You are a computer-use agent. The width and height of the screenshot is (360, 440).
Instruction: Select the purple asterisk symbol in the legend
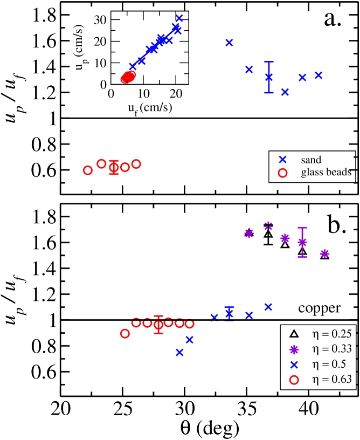click(294, 349)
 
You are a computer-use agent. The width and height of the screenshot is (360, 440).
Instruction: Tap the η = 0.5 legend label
click(329, 365)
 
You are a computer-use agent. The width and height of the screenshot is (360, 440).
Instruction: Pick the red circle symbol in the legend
click(294, 380)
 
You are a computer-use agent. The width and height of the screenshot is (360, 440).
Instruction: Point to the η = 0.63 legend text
click(332, 380)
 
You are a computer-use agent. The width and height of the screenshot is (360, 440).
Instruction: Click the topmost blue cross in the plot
click(179, 19)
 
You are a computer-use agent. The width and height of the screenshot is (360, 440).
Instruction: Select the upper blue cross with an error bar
click(269, 77)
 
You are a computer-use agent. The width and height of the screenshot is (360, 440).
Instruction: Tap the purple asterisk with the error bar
click(302, 242)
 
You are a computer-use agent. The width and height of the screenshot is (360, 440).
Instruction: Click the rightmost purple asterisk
click(324, 253)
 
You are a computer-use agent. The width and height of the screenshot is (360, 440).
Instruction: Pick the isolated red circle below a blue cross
click(282, 173)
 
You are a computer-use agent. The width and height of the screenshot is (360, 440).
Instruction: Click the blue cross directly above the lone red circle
click(282, 160)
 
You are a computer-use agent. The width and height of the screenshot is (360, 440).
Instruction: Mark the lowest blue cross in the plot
click(180, 352)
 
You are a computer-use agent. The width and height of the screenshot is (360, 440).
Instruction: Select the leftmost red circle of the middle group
click(88, 170)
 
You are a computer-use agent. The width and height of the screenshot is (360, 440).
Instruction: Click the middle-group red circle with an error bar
click(114, 168)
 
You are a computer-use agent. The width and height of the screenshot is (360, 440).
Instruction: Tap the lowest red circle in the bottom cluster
click(125, 334)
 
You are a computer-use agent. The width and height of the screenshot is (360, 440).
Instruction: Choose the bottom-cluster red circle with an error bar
click(158, 325)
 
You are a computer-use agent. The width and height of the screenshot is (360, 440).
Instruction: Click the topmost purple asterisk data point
click(268, 225)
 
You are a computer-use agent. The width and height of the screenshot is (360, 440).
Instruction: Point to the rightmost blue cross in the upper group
click(319, 75)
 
